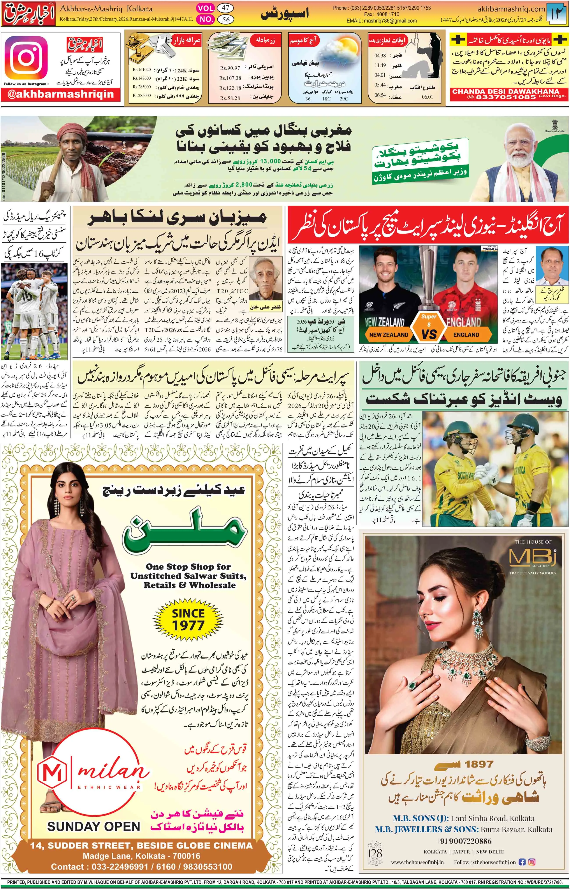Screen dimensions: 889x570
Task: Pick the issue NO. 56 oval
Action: (x=225, y=19)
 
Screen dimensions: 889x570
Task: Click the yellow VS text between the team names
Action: (x=429, y=334)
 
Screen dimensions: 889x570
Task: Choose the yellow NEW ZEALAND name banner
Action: (x=388, y=335)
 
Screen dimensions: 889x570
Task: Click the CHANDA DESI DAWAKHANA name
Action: (x=506, y=91)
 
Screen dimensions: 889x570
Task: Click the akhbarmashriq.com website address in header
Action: (x=511, y=9)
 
